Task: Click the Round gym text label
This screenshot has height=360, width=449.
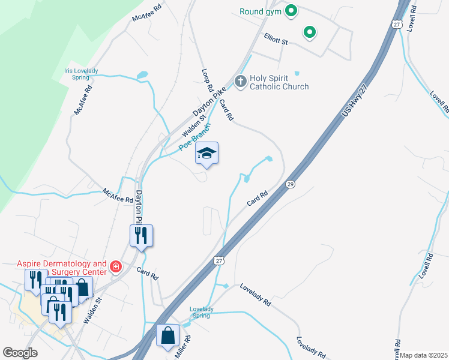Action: pyautogui.click(x=261, y=11)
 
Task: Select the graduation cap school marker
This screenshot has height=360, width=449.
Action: pyautogui.click(x=206, y=154)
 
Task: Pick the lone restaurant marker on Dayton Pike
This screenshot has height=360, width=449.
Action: pyautogui.click(x=141, y=235)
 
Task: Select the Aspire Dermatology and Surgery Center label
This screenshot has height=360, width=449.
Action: pyautogui.click(x=61, y=268)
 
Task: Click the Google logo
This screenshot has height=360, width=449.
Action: pyautogui.click(x=20, y=353)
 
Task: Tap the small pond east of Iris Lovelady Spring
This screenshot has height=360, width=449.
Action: pyautogui.click(x=142, y=76)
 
